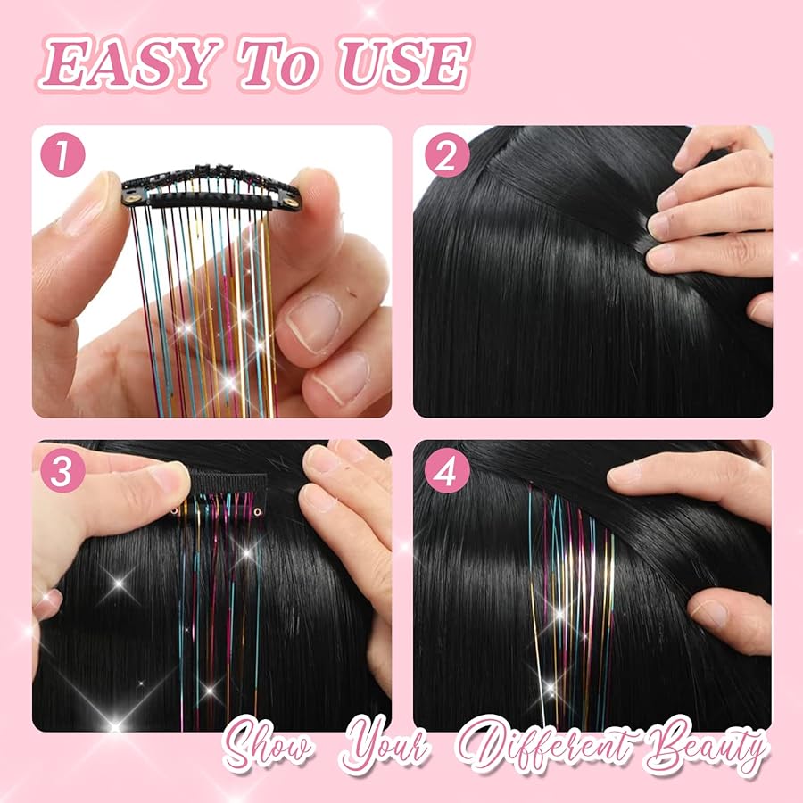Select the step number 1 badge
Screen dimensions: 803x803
pos(61,158)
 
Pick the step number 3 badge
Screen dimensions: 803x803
pos(61,472)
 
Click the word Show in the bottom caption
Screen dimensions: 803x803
pos(269,748)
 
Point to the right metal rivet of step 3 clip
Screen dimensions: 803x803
pos(258,513)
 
